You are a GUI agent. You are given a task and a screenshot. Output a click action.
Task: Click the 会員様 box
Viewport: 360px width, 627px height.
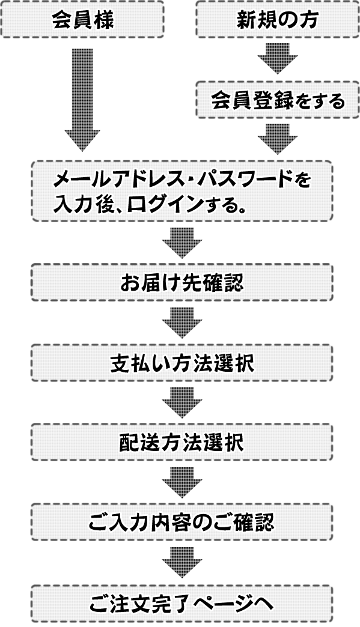[82, 20]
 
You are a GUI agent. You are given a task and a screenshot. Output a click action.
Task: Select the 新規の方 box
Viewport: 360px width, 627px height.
[277, 20]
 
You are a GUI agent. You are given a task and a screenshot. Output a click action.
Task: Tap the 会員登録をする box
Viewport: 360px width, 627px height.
[277, 100]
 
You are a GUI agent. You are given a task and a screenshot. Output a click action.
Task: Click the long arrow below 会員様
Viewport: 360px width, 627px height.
[82, 100]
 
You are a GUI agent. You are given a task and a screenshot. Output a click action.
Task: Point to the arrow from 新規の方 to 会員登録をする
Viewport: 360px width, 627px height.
[277, 58]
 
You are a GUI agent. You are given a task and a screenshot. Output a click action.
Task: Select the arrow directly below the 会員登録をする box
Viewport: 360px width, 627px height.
[277, 139]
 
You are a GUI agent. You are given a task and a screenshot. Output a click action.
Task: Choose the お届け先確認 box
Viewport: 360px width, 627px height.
[182, 282]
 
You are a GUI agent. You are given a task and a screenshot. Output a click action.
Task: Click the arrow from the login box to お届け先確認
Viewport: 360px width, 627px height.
[182, 243]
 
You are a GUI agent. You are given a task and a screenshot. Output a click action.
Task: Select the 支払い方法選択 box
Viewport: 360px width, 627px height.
[182, 363]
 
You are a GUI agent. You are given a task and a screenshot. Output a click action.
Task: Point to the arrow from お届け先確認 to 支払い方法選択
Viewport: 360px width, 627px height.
[182, 323]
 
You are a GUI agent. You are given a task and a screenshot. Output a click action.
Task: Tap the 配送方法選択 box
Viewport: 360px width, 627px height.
[182, 442]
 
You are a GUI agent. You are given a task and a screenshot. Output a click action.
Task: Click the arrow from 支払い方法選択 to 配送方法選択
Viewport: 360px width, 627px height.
[182, 402]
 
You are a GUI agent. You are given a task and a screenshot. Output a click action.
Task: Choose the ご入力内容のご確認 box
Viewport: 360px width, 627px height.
[182, 522]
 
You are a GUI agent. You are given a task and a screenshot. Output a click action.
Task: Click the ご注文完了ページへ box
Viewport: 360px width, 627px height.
[182, 604]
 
